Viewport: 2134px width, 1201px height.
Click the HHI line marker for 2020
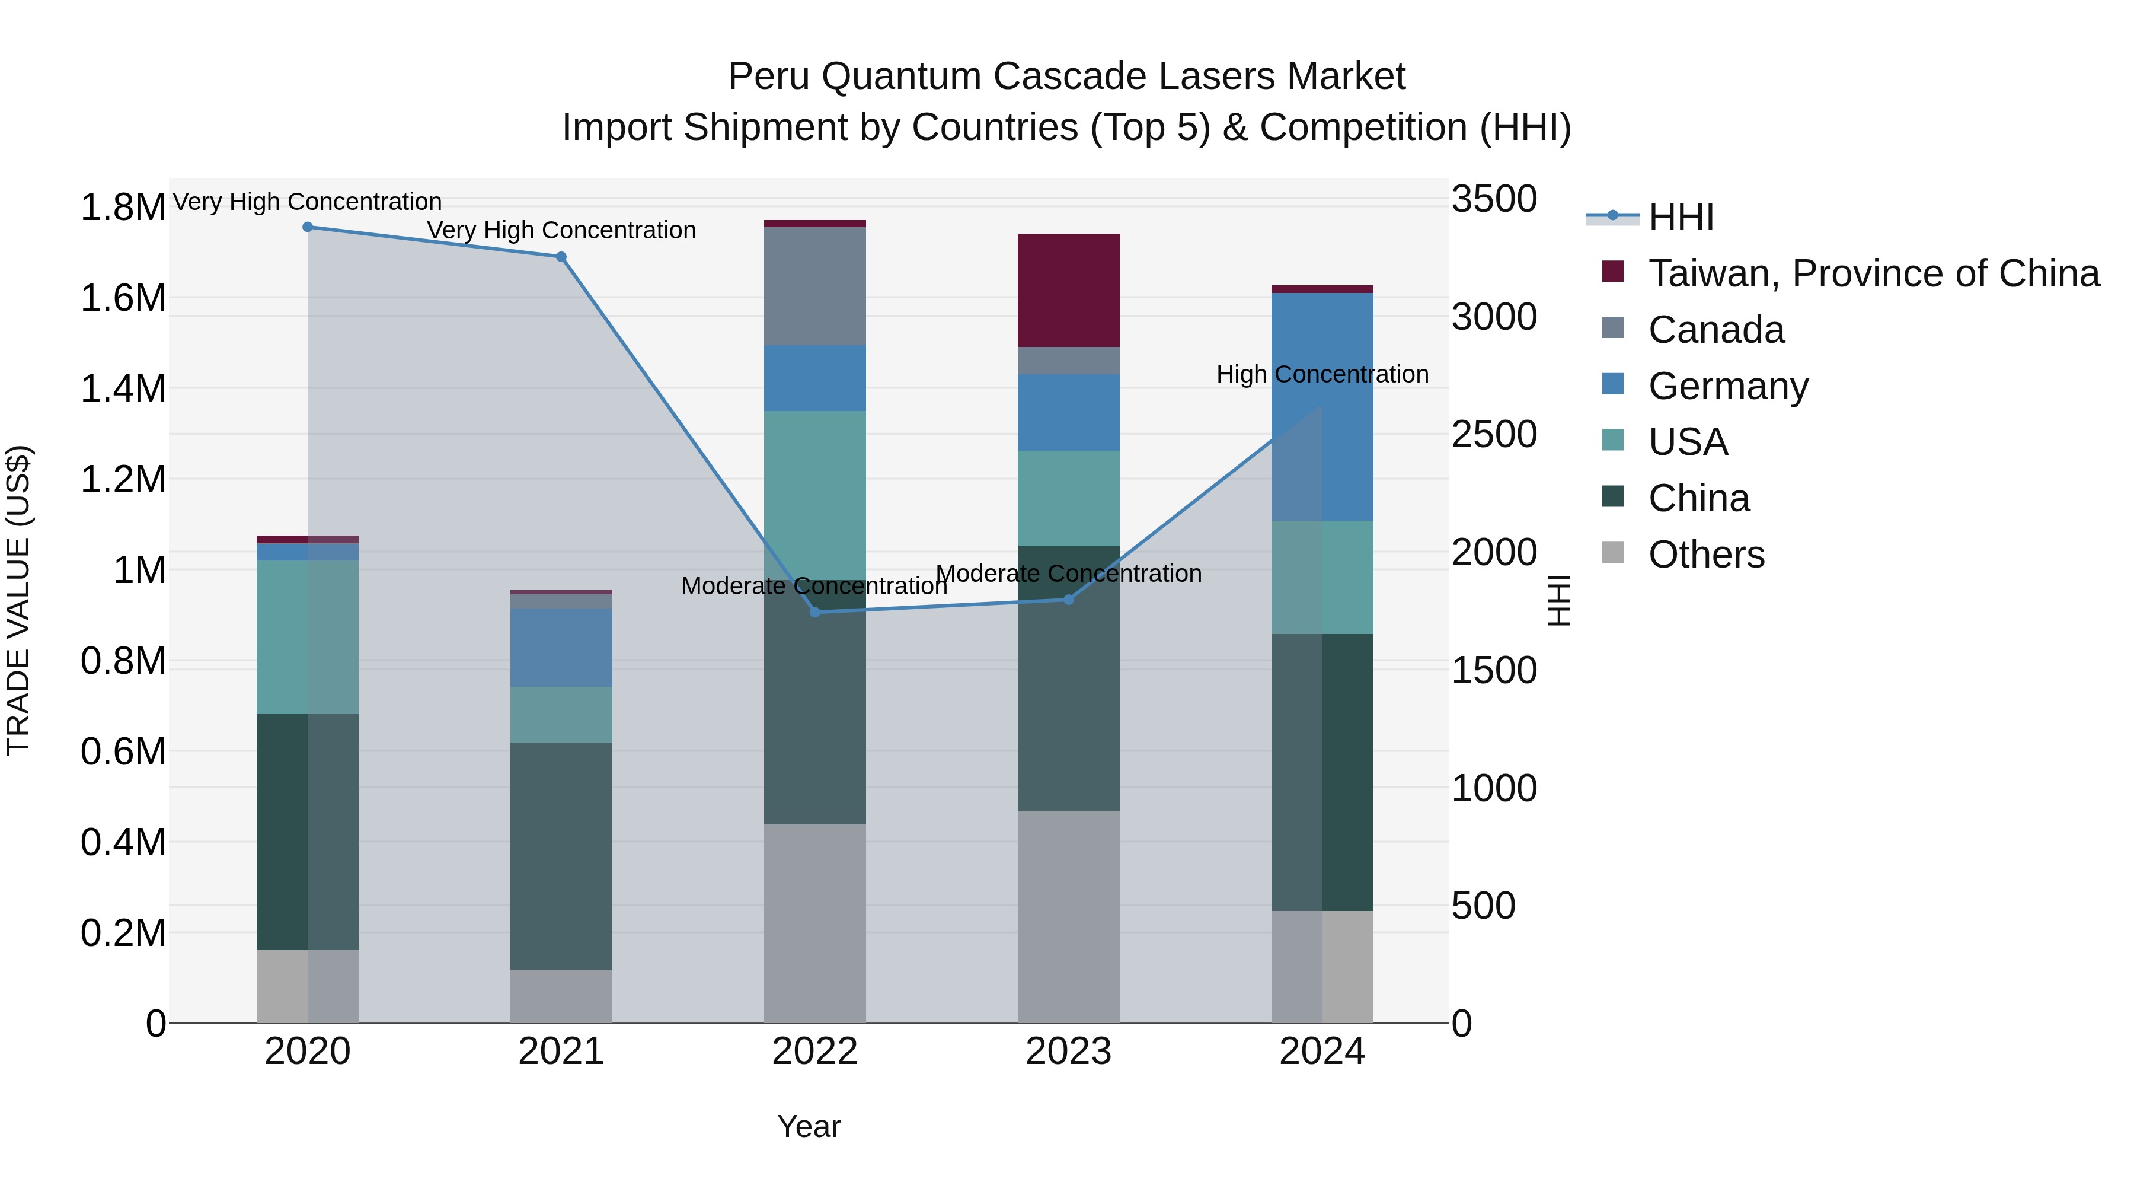pos(307,227)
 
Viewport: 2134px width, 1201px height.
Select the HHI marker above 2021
pos(561,257)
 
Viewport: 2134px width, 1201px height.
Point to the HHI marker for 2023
pos(1069,599)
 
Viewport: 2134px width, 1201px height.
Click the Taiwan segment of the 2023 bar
pos(1069,290)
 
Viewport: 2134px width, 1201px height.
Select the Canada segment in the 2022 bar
pos(814,286)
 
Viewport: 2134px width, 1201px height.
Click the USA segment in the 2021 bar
pos(561,715)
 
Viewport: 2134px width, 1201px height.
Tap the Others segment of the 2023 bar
pos(1069,916)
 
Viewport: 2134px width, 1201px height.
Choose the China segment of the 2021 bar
pos(561,855)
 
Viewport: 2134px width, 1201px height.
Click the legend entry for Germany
pos(1727,386)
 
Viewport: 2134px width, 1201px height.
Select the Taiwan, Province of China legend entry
pos(1872,273)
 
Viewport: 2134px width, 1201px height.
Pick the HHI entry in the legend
pos(1680,217)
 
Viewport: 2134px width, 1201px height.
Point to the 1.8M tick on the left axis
pos(123,207)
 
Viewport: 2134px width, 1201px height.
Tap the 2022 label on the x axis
pos(814,1052)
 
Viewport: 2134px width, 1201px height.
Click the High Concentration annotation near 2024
pos(1322,375)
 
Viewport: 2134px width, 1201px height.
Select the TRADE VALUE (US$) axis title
pos(18,600)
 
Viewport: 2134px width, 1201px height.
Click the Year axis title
pos(809,1126)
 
